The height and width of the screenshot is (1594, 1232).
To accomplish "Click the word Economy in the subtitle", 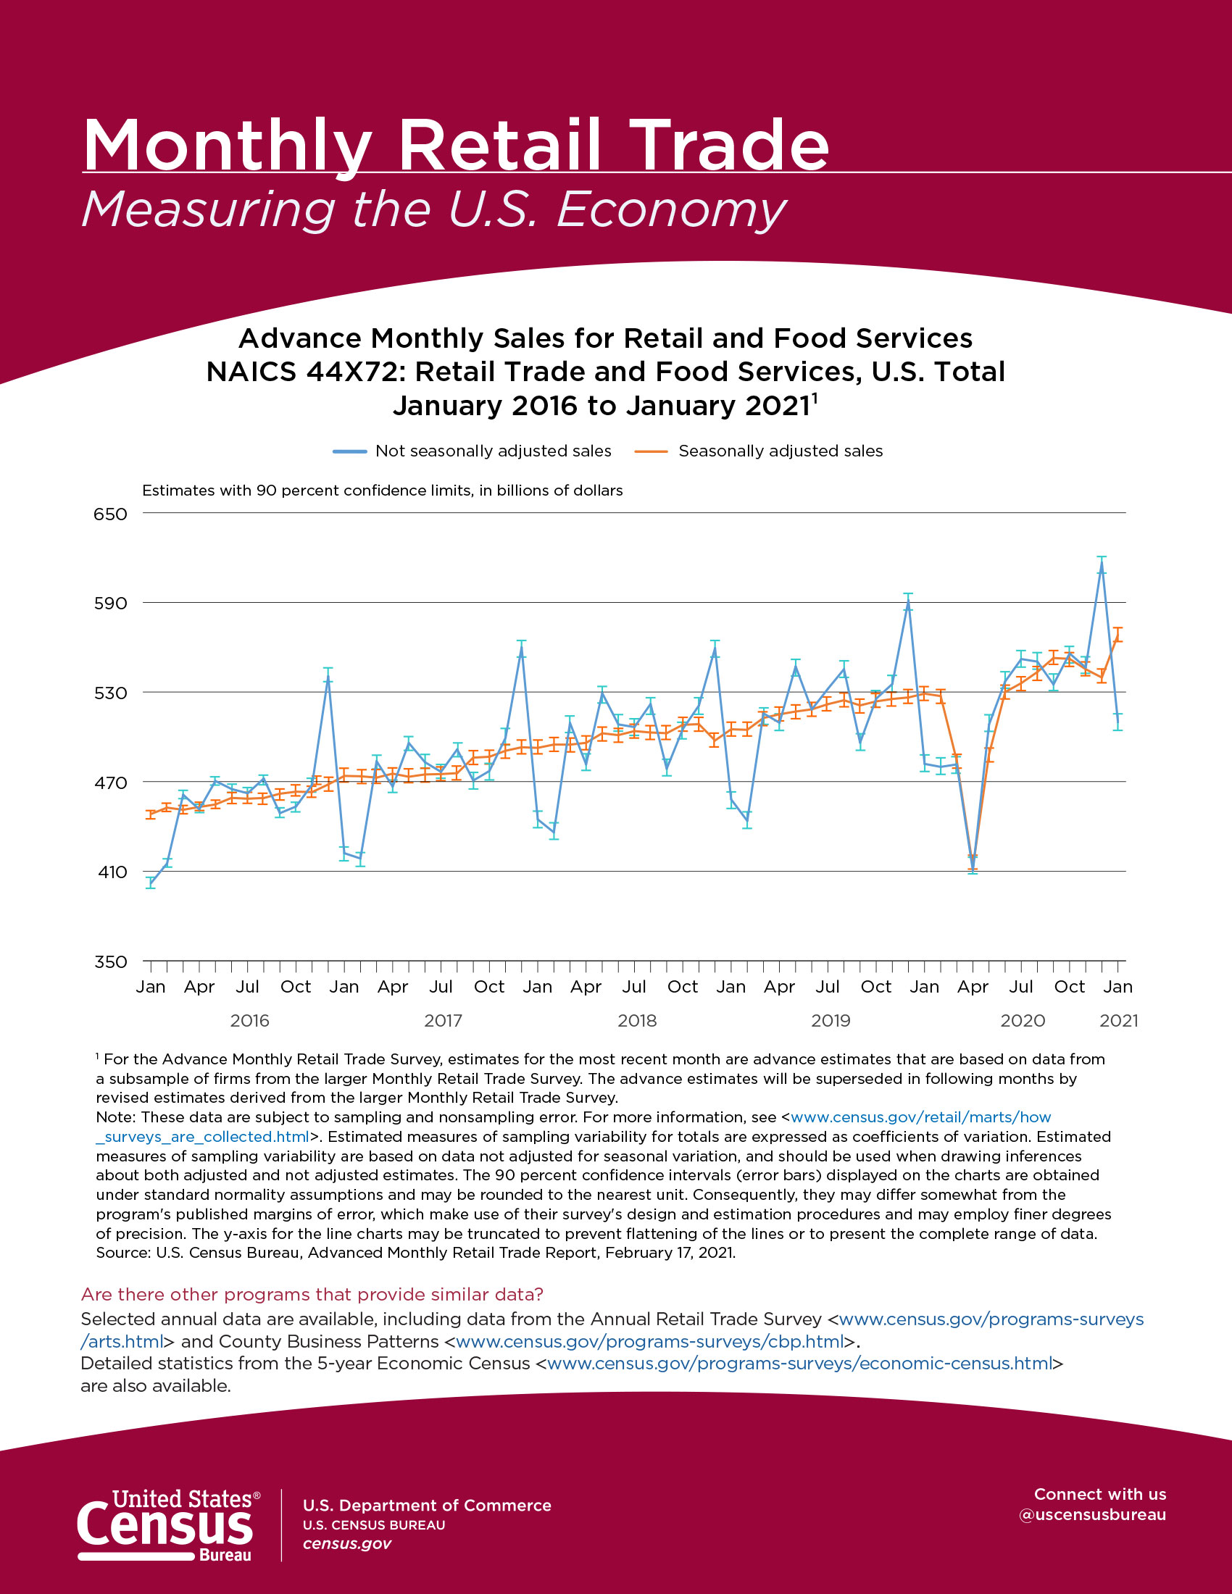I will pyautogui.click(x=672, y=210).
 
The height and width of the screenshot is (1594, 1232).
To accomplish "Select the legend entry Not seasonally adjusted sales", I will pyautogui.click(x=493, y=451).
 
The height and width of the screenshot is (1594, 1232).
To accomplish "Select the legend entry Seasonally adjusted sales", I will pyautogui.click(x=780, y=451).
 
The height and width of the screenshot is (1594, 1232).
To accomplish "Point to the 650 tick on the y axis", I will pyautogui.click(x=110, y=514).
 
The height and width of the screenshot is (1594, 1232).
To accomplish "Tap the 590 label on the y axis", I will pyautogui.click(x=110, y=604).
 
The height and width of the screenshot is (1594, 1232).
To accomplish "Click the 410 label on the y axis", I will pyautogui.click(x=110, y=872).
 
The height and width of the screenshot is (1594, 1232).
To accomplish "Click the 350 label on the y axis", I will pyautogui.click(x=110, y=962).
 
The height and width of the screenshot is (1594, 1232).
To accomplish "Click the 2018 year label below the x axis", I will pyautogui.click(x=636, y=1020).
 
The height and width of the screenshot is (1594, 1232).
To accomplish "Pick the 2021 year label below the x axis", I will pyautogui.click(x=1118, y=1020).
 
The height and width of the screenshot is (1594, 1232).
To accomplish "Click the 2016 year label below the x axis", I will pyautogui.click(x=249, y=1020).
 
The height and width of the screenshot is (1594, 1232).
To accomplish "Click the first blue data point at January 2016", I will pyautogui.click(x=150, y=883).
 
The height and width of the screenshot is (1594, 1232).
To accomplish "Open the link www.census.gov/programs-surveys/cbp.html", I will pyautogui.click(x=649, y=1341).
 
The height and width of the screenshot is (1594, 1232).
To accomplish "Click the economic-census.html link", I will pyautogui.click(x=799, y=1364).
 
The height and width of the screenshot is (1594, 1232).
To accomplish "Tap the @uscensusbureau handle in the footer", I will pyautogui.click(x=1092, y=1514).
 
